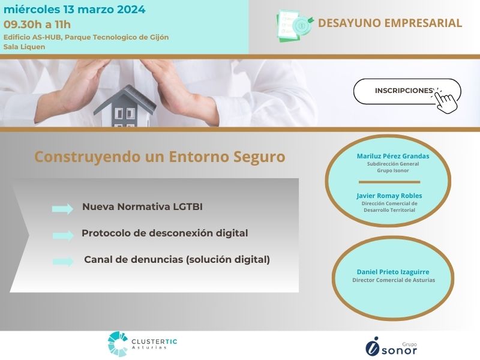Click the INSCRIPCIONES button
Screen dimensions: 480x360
(407, 91)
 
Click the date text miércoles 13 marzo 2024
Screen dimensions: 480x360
(74, 10)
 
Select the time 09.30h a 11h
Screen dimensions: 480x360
(37, 25)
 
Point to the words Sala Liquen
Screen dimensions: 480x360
(24, 47)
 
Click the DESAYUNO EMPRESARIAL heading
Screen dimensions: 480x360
(389, 23)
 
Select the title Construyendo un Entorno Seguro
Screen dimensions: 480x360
(160, 157)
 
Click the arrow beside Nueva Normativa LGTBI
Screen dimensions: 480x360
(62, 209)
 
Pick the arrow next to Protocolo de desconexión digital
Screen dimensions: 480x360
(63, 235)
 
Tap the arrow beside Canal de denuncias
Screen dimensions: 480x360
(63, 262)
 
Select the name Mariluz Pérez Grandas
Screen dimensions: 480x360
(393, 156)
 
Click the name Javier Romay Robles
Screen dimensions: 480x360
(389, 196)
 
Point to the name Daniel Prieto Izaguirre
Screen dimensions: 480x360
(393, 272)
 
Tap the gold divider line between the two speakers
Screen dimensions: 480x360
(389, 182)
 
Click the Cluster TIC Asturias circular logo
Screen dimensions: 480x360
(118, 344)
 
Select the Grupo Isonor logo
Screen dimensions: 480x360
(391, 347)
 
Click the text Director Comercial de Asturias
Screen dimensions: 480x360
(394, 280)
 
